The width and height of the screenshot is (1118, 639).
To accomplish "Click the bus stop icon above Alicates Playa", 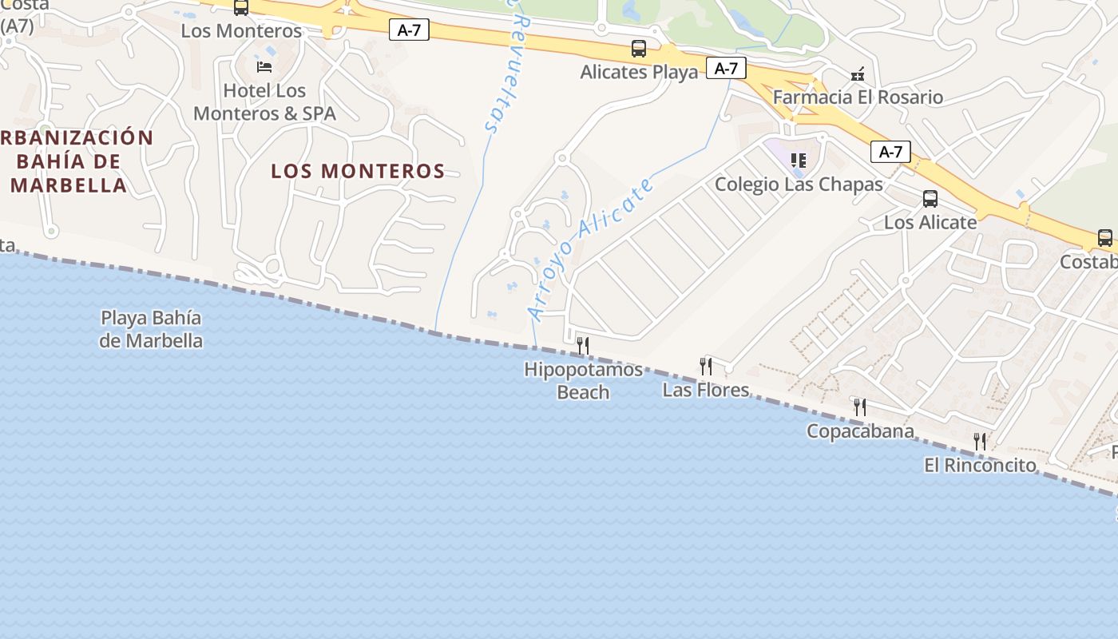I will click(x=639, y=49).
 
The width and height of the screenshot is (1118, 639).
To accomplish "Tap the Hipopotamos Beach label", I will click(x=583, y=380).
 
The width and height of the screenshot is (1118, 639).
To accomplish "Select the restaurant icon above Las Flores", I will click(x=706, y=367).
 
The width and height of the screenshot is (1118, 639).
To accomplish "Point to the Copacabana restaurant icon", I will click(x=859, y=407).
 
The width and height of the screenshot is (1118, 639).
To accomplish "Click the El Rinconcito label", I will click(x=980, y=465).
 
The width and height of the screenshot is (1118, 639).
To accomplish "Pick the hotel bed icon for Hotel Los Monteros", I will click(x=264, y=65).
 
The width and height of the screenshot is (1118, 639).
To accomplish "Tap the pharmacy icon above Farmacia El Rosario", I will click(x=858, y=74).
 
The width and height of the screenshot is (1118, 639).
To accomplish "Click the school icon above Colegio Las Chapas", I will click(x=798, y=161).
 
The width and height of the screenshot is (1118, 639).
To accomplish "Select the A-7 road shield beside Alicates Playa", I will click(x=726, y=69).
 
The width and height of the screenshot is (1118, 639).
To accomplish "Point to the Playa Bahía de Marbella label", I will click(x=151, y=329).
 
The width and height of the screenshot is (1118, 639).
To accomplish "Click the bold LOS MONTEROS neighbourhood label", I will click(x=358, y=171).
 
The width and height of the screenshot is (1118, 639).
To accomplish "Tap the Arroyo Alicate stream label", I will click(x=591, y=249).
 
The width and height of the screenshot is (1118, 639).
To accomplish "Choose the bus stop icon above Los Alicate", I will click(x=930, y=199).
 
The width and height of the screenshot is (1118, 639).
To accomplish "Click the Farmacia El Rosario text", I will click(x=858, y=97).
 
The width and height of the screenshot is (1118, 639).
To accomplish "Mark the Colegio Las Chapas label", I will click(x=799, y=185).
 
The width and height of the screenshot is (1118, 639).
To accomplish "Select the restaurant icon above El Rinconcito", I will click(x=980, y=441).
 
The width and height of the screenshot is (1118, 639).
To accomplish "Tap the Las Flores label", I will click(x=706, y=390).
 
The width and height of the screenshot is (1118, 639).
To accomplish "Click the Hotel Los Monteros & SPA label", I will click(x=264, y=102).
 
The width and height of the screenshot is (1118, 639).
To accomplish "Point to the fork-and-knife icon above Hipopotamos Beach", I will click(x=583, y=345).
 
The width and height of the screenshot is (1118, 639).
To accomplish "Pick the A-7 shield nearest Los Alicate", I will click(x=890, y=152).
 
